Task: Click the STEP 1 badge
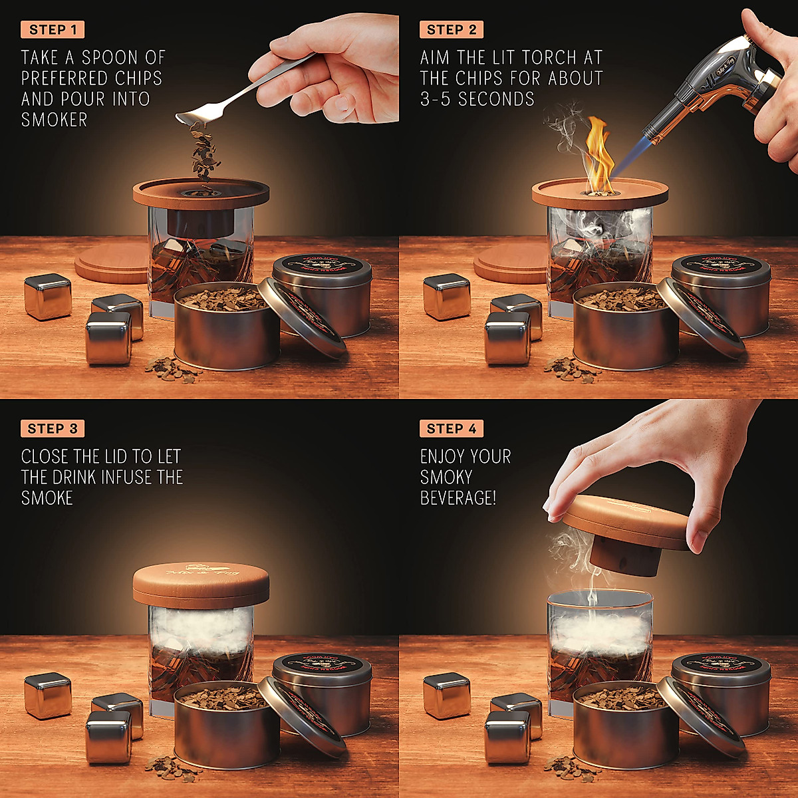[x=53, y=29]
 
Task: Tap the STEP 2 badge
[x=452, y=29]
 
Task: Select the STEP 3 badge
[x=53, y=428]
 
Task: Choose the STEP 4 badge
[x=452, y=428]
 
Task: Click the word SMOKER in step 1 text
[x=54, y=120]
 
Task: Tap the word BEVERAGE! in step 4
[x=458, y=497]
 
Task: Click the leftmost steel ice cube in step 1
[x=48, y=296]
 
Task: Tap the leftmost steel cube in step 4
[x=447, y=695]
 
